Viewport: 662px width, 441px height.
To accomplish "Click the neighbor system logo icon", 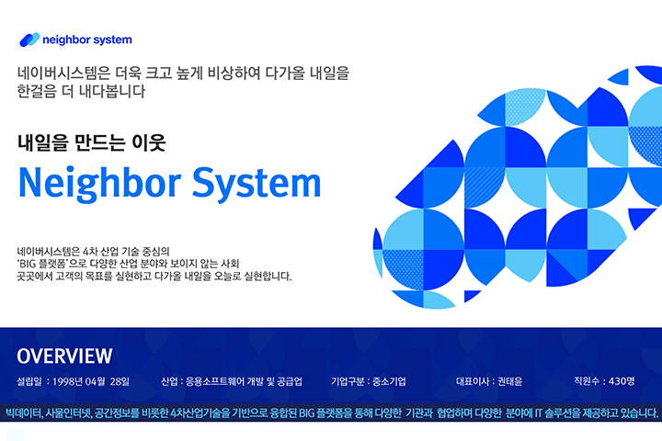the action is [29, 40].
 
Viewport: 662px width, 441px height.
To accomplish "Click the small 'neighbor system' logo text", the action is [87, 40].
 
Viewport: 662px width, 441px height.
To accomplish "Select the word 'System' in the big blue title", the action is [257, 184].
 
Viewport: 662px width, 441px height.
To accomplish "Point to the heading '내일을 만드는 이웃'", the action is [92, 142].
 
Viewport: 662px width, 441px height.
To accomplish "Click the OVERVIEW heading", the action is [64, 356].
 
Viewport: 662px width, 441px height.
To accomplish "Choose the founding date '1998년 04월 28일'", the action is [91, 381].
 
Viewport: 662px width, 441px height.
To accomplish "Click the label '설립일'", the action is [29, 381].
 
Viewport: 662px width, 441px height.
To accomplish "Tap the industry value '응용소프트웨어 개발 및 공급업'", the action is [244, 381].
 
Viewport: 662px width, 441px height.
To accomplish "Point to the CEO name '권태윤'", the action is [510, 381].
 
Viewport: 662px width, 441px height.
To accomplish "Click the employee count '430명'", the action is [622, 381].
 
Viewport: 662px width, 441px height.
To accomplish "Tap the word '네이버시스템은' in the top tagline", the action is [63, 73].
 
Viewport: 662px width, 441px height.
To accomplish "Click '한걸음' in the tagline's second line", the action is [37, 91].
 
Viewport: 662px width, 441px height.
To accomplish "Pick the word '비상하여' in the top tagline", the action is [234, 73].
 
